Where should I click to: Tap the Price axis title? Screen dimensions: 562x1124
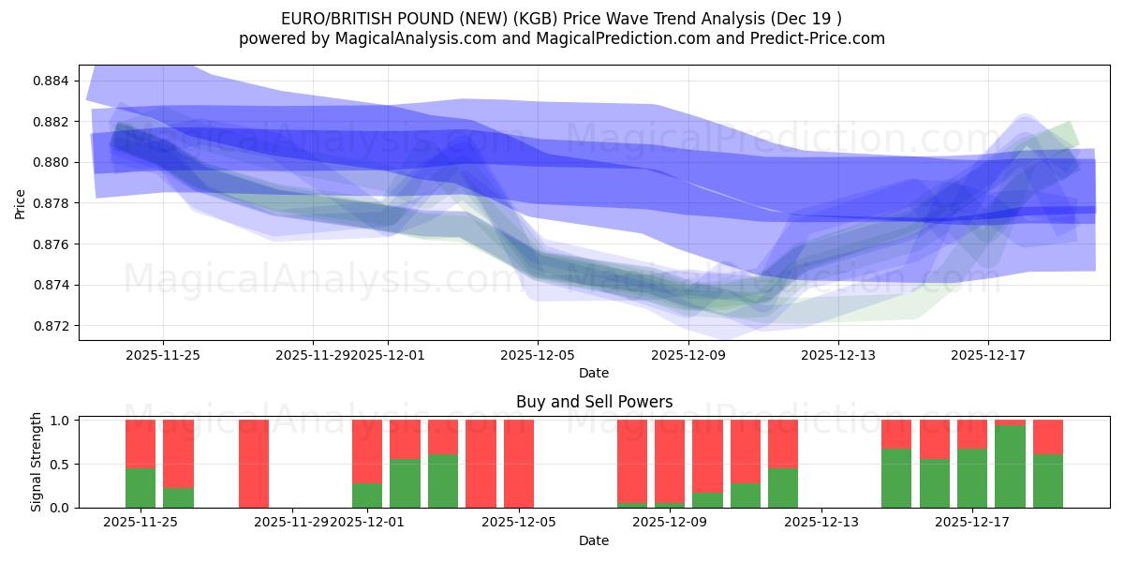pos(21,203)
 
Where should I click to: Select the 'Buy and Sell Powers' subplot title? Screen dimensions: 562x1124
pos(594,402)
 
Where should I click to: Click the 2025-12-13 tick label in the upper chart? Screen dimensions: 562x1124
pos(838,355)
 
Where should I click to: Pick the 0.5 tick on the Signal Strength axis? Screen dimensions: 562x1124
pos(60,465)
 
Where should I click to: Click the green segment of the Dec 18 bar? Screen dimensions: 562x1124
pos(1010,466)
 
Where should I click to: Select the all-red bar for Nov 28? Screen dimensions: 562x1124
pos(254,464)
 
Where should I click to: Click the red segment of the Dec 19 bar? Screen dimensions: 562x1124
pos(1047,436)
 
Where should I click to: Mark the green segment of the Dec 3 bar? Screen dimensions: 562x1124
pos(443,481)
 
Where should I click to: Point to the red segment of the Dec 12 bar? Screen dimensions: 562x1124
pos(783,443)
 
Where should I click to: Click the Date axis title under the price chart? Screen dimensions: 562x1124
pos(594,373)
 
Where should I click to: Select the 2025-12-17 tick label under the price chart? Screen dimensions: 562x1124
pos(988,355)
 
